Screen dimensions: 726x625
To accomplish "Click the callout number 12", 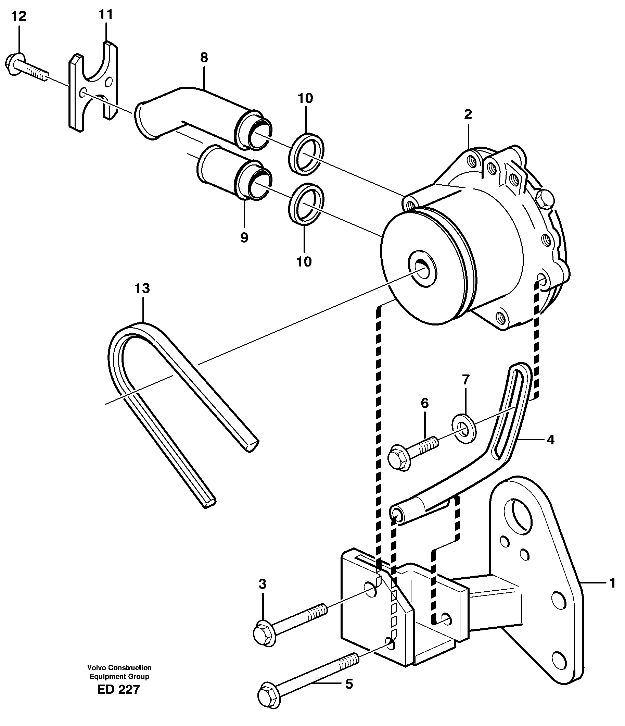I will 18,16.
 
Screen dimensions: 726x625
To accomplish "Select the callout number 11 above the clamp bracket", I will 105,14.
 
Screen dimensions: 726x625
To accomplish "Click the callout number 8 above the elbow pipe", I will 204,57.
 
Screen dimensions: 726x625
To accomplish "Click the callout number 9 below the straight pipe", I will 244,238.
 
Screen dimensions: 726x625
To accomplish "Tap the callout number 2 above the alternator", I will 468,114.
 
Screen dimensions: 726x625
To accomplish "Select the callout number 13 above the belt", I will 142,288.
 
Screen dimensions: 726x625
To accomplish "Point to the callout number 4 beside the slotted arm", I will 550,440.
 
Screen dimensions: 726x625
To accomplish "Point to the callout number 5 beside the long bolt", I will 349,684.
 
